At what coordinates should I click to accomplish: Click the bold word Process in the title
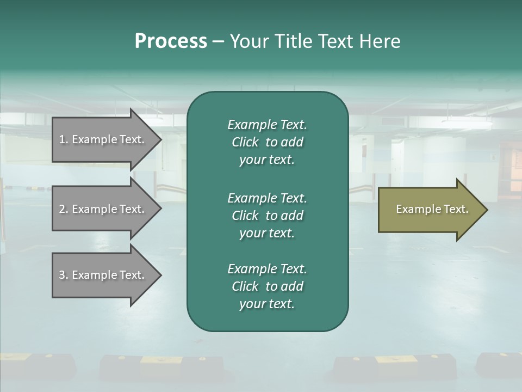171,41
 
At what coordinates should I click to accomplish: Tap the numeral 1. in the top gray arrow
64,139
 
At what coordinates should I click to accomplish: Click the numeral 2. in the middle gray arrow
64,209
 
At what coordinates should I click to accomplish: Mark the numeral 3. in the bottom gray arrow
64,275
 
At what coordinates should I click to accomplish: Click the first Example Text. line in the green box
267,125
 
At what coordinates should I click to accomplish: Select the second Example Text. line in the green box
267,198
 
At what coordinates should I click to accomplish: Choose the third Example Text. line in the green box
267,269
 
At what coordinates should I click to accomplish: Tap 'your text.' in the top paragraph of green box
267,160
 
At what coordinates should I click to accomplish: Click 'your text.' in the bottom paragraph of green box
267,304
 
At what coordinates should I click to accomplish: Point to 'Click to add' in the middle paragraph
267,216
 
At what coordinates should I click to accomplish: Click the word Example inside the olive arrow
413,209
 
